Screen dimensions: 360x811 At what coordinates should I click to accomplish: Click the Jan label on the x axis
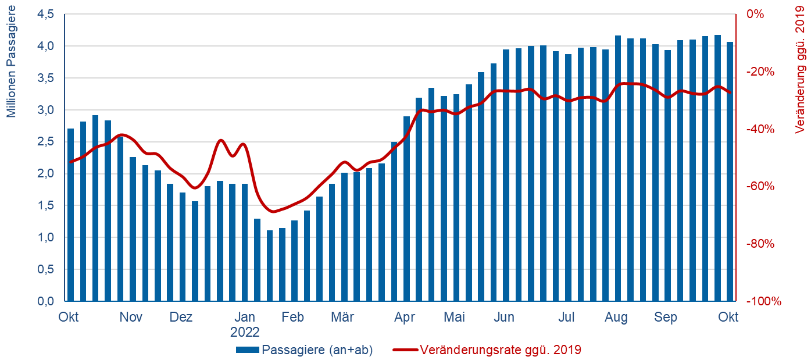coord(244,318)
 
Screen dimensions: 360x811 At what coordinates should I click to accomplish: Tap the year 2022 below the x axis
coord(244,332)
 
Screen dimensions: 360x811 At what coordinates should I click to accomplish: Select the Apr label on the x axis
coord(404,318)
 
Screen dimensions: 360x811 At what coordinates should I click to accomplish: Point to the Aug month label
coord(616,318)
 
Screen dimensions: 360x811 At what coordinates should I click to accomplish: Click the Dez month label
coord(181,318)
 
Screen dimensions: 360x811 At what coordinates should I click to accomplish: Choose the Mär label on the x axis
coord(342,318)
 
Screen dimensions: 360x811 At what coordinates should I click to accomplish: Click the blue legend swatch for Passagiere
coord(248,350)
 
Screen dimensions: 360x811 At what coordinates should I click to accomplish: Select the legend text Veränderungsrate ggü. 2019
coord(500,350)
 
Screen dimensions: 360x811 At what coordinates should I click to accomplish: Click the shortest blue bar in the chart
coord(270,266)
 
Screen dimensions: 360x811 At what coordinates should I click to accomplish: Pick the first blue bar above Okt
coord(70,215)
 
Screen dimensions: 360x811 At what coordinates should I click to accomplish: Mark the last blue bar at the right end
coord(730,172)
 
